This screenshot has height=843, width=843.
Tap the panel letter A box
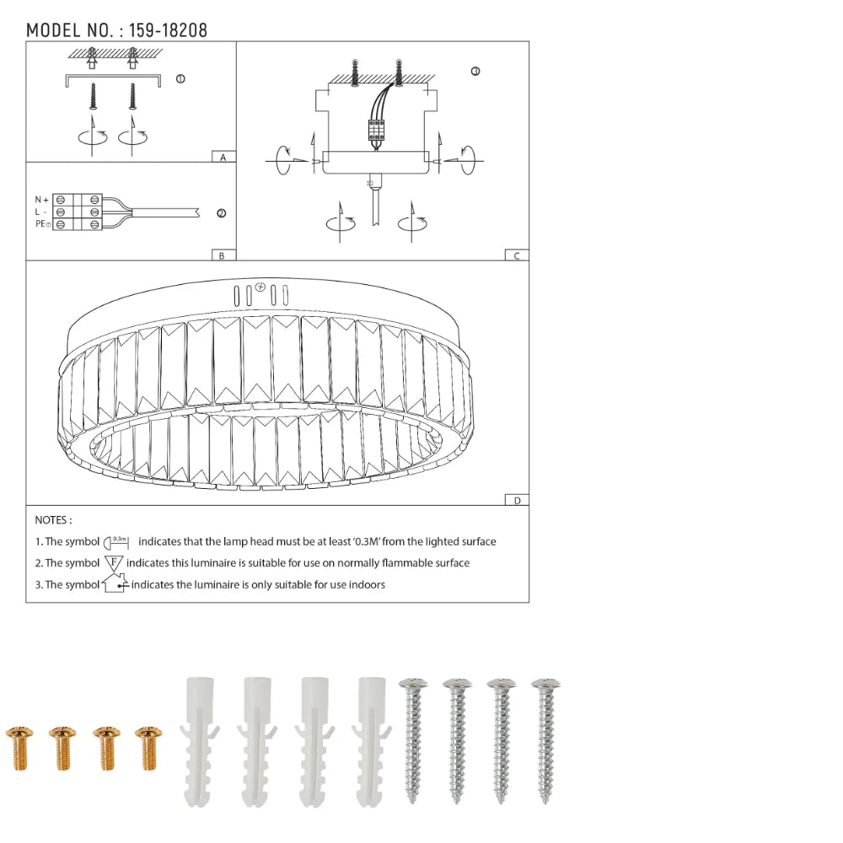pyautogui.click(x=223, y=157)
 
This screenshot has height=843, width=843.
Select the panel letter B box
pyautogui.click(x=222, y=255)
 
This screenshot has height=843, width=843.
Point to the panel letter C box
pyautogui.click(x=516, y=255)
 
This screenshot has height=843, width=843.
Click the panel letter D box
pyautogui.click(x=516, y=500)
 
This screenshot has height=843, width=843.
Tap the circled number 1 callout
pyautogui.click(x=180, y=79)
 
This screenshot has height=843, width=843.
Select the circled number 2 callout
pyautogui.click(x=221, y=213)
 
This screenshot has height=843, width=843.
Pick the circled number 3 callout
pyautogui.click(x=475, y=72)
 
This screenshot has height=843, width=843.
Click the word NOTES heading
pyautogui.click(x=53, y=520)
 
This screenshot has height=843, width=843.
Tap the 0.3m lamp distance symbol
pyautogui.click(x=116, y=541)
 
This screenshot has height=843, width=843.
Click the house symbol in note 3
pyautogui.click(x=114, y=583)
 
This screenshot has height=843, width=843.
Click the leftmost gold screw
pyautogui.click(x=18, y=747)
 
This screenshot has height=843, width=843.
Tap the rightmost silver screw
pyautogui.click(x=545, y=740)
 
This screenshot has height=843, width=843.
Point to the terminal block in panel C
pyautogui.click(x=375, y=130)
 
